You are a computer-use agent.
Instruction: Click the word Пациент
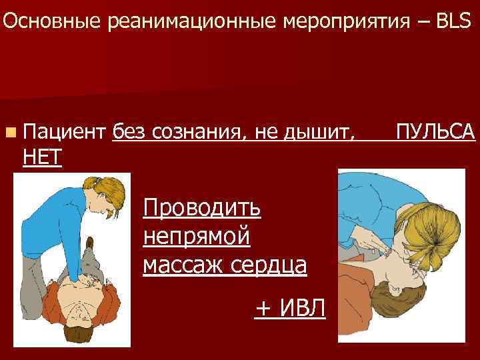click(x=65, y=131)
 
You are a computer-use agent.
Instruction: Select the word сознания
click(x=201, y=131)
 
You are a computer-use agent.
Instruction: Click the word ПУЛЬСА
click(x=435, y=131)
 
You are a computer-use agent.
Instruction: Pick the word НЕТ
click(x=42, y=157)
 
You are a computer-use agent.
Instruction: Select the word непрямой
click(x=197, y=236)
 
